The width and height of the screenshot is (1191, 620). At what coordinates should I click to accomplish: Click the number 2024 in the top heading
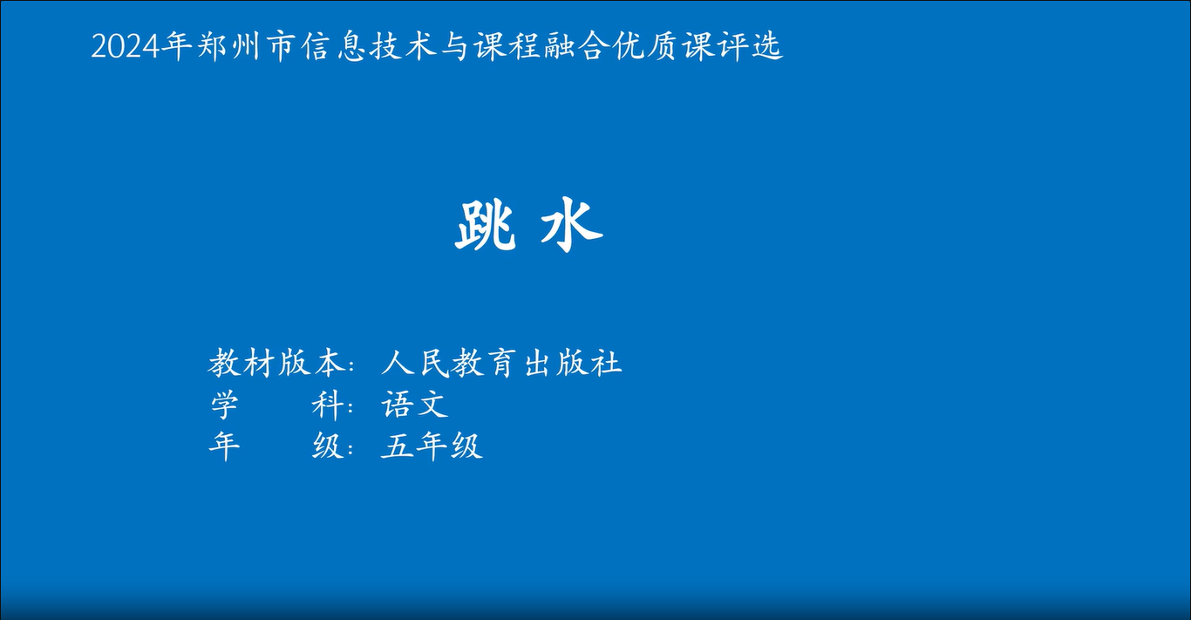[126, 47]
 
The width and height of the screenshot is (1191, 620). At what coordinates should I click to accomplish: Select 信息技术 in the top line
[368, 45]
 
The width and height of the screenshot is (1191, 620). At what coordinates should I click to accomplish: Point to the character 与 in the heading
[454, 45]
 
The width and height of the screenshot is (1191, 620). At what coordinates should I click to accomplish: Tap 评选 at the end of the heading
[750, 45]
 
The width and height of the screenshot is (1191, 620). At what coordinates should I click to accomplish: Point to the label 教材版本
[276, 364]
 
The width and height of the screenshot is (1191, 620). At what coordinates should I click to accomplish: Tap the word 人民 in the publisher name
[416, 364]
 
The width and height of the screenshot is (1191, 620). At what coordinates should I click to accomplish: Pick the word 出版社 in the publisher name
[573, 364]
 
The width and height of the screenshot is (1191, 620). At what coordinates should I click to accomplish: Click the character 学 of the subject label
[224, 405]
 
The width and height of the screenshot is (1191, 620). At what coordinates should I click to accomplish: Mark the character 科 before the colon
[326, 405]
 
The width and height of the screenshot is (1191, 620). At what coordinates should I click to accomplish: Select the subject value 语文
[415, 405]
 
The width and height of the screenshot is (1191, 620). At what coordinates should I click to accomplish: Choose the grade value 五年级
[432, 446]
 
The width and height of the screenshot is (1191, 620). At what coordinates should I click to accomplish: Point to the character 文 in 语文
[432, 405]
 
